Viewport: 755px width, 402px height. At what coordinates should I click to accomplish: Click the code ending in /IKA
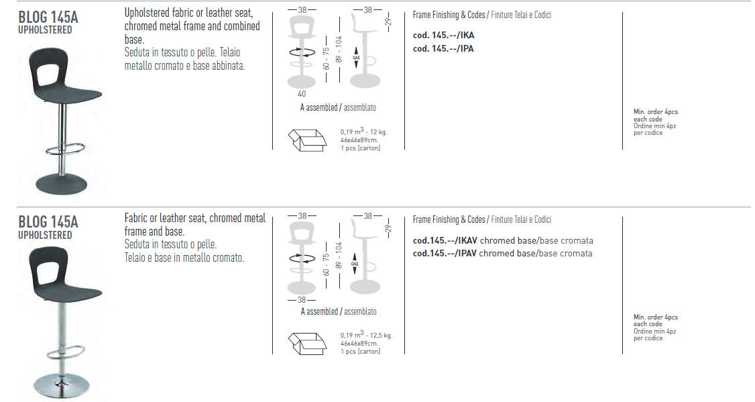(x=443, y=35)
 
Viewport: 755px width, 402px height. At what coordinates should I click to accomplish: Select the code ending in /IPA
(x=443, y=49)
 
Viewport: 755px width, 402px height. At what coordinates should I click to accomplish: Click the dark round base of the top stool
(x=62, y=184)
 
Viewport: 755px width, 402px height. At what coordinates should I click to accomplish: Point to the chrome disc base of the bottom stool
(x=62, y=386)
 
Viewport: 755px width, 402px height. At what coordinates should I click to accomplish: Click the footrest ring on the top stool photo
(x=66, y=149)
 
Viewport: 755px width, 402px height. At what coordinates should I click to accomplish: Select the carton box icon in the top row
(x=307, y=140)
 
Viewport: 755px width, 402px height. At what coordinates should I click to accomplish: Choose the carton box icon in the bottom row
(x=307, y=343)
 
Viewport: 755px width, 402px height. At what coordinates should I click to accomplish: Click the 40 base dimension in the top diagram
(x=302, y=94)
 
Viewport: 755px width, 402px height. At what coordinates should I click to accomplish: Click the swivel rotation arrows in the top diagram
(x=302, y=52)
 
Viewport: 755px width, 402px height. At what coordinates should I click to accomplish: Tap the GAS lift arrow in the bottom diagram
(x=355, y=264)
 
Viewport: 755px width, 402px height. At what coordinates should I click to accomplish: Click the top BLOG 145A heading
(x=48, y=17)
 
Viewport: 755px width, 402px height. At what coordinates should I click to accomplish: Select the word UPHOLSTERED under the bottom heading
(x=46, y=235)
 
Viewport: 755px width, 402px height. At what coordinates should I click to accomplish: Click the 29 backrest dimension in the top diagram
(x=388, y=21)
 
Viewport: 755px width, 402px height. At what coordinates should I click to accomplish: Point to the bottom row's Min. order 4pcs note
(x=656, y=317)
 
